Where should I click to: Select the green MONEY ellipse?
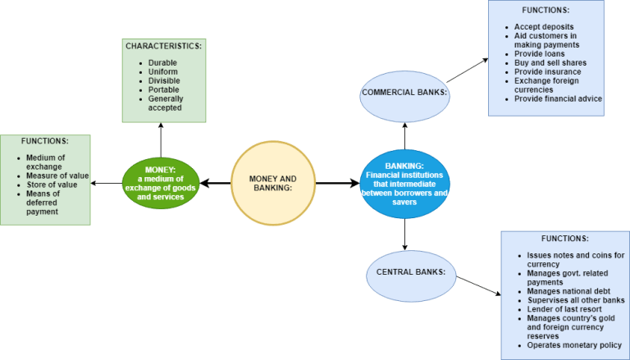coord(161,183)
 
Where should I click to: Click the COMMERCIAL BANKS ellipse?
coord(405,93)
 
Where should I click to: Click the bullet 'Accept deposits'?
coord(543,27)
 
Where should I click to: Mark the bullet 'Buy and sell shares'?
coord(550,62)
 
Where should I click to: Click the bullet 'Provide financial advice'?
coord(558,98)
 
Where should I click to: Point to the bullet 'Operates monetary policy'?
coord(574,345)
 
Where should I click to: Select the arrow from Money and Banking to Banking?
coord(338,183)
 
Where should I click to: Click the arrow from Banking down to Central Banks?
coord(405,235)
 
